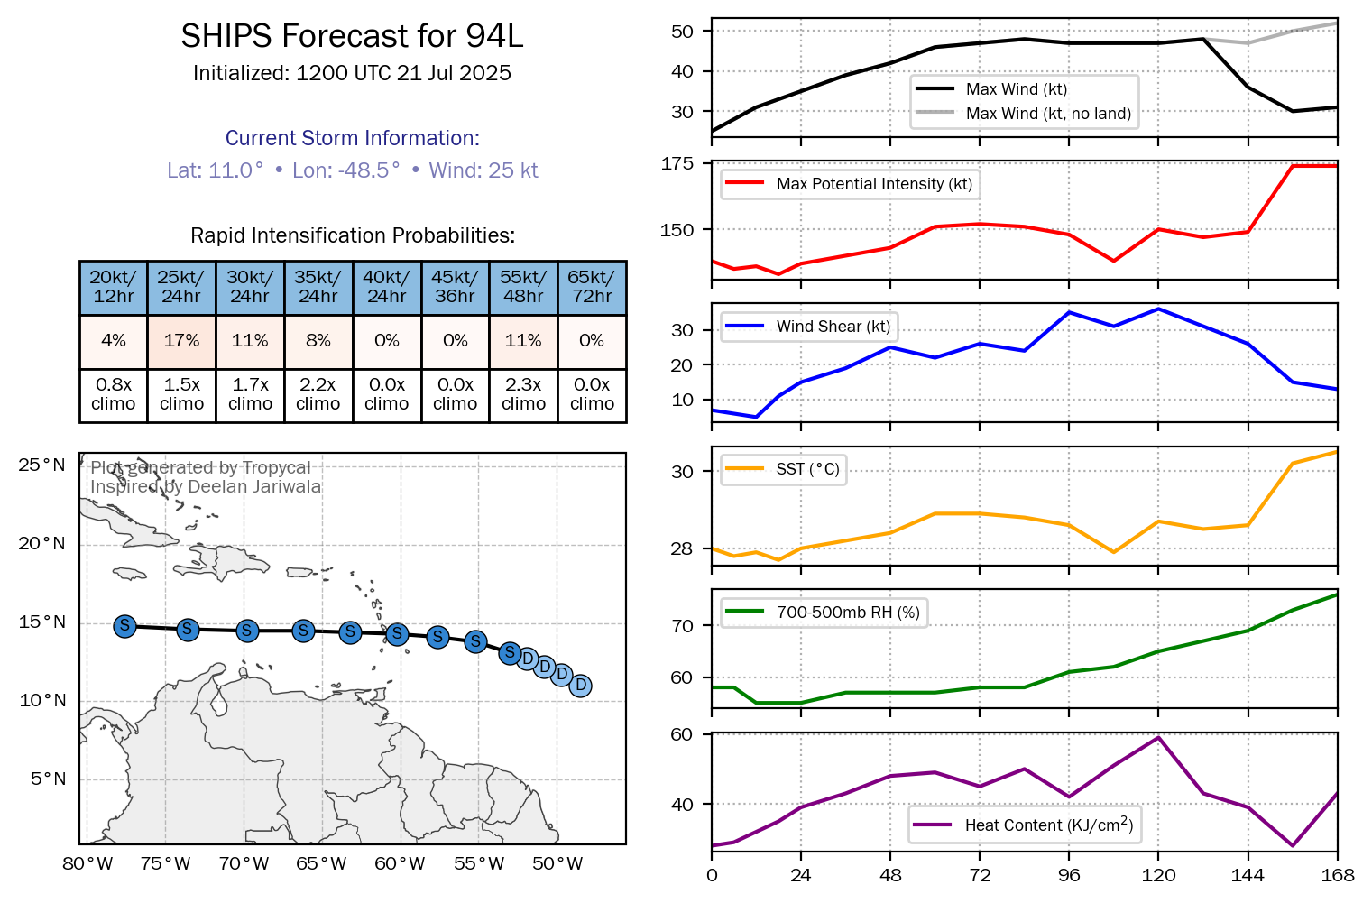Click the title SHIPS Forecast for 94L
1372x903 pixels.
[352, 36]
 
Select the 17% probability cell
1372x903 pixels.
[181, 341]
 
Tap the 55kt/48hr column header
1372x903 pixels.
[523, 287]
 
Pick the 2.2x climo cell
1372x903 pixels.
[318, 394]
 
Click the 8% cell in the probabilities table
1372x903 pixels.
[318, 341]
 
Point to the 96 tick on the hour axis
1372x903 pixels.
[1069, 875]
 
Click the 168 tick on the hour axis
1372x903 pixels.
[1338, 875]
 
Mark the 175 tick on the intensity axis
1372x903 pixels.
[677, 163]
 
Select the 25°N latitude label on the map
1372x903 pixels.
[42, 465]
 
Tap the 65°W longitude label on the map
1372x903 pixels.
[321, 864]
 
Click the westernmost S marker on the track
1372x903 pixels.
[125, 626]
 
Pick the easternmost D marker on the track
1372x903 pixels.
[581, 686]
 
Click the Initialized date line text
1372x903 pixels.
[352, 73]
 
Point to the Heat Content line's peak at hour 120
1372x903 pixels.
[1158, 738]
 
